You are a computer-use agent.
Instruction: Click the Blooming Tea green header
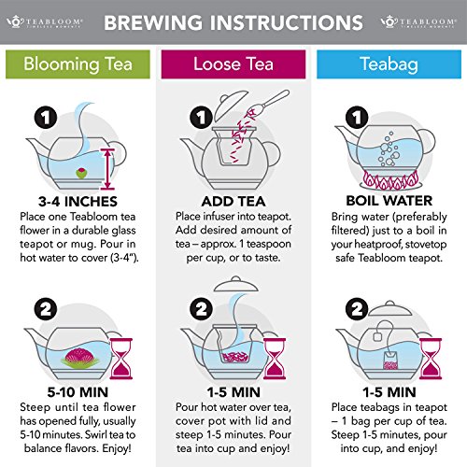point(78,64)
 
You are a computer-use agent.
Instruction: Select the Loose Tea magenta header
point(233,64)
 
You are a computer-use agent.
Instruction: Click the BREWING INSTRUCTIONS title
point(233,20)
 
